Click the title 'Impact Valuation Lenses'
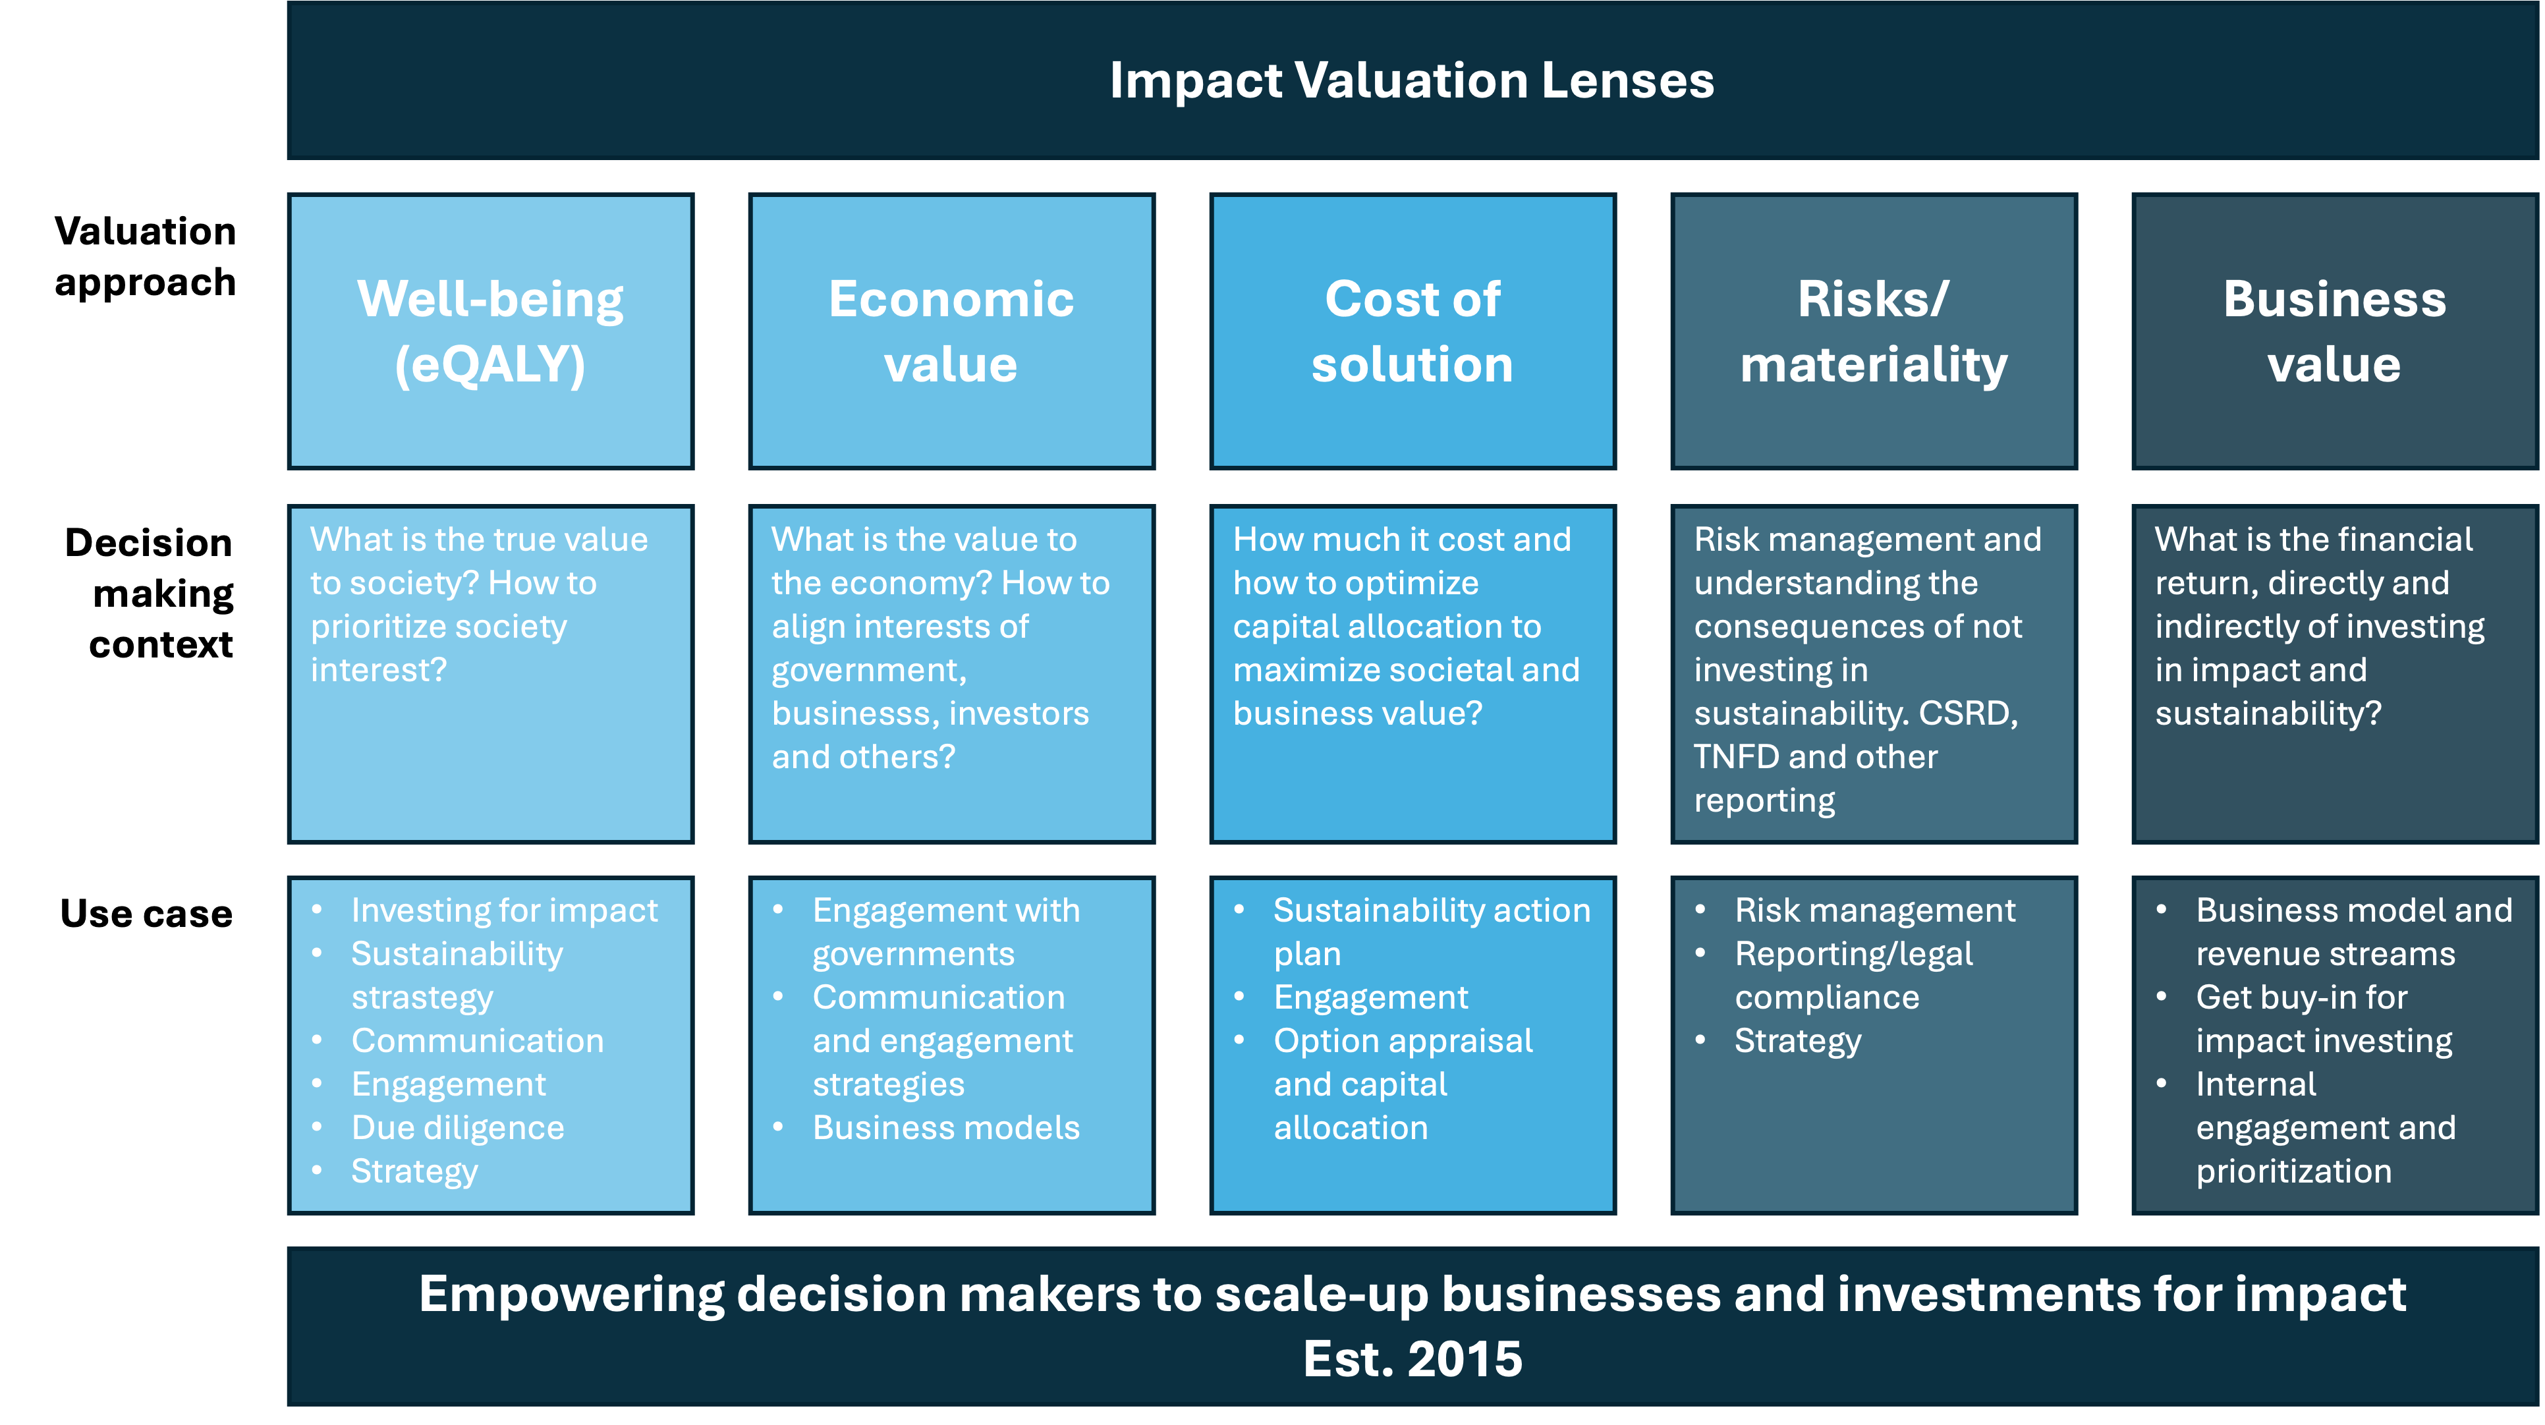point(1412,80)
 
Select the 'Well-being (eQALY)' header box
point(491,331)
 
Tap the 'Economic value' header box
point(951,331)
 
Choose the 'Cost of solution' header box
point(1412,331)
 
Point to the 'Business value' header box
point(2335,331)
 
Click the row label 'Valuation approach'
point(145,256)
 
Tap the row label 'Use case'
point(146,913)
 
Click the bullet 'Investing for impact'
point(504,910)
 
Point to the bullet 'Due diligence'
point(457,1128)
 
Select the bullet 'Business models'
point(945,1128)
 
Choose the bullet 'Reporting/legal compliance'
point(1853,975)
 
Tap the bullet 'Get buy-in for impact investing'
point(2324,1019)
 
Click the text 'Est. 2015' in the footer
point(1412,1358)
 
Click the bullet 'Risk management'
point(1874,910)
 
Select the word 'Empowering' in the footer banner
point(571,1295)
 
